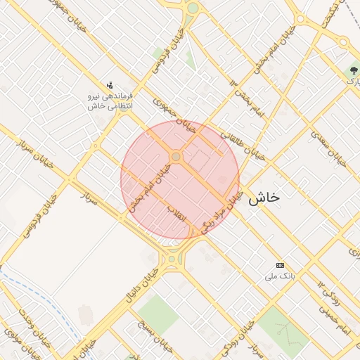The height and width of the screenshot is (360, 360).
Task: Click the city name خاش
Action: [264, 198]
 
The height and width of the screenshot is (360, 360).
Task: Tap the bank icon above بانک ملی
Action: [281, 265]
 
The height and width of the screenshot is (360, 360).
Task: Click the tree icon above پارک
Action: [353, 70]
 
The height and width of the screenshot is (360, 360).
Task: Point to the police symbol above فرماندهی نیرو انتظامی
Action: [110, 84]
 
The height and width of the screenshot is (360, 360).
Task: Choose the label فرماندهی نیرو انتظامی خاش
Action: [110, 100]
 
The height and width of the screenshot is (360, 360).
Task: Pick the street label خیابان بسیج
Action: [148, 342]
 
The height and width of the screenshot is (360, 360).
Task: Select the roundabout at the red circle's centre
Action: [176, 157]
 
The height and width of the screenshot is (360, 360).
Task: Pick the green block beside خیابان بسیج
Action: [157, 314]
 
